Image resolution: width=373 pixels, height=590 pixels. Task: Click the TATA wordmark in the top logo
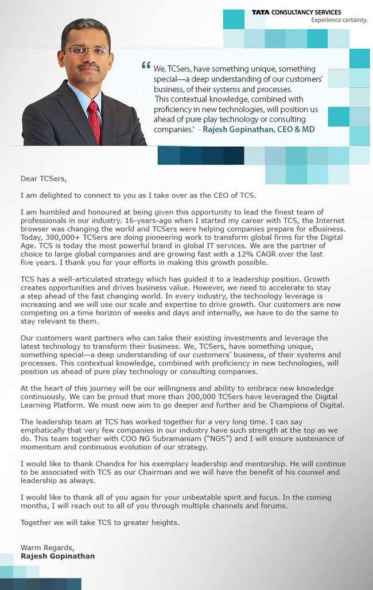[261, 12]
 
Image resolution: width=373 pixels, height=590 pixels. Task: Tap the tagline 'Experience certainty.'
[339, 20]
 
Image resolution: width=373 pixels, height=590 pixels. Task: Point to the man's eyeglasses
[87, 51]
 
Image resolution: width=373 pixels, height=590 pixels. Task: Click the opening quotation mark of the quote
[146, 65]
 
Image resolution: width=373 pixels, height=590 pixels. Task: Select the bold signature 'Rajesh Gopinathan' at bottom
[57, 556]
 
